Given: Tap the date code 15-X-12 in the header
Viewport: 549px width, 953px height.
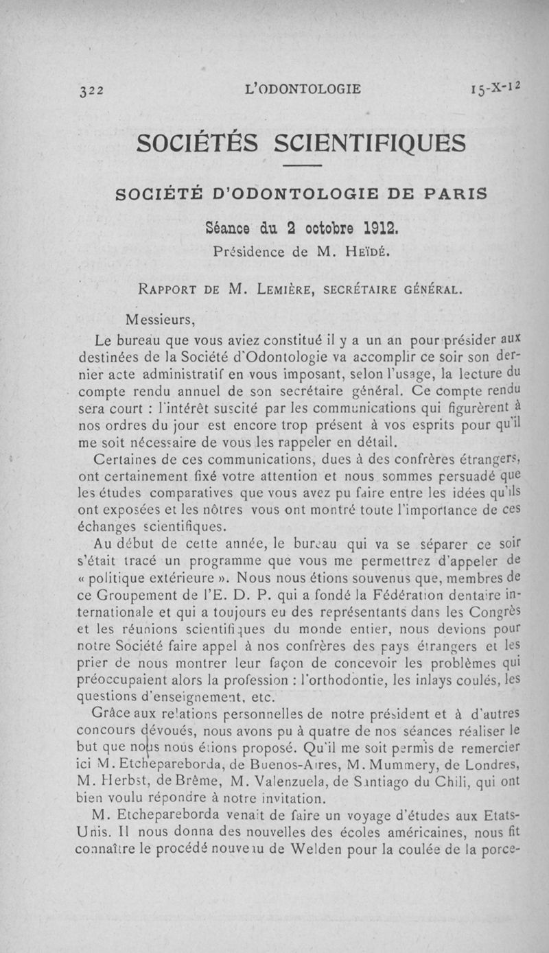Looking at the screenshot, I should (x=494, y=88).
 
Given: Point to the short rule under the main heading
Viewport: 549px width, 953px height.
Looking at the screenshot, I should (x=302, y=167).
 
